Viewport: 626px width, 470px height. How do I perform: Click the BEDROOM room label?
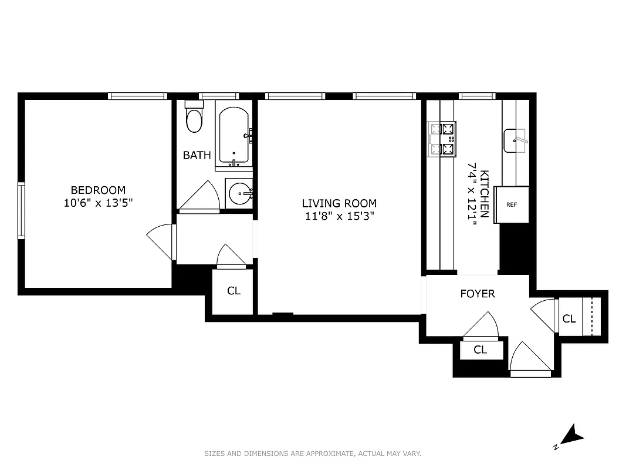pyautogui.click(x=98, y=190)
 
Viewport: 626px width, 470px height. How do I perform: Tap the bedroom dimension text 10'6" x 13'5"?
pyautogui.click(x=98, y=203)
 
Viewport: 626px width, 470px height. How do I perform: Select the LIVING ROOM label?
pyautogui.click(x=339, y=203)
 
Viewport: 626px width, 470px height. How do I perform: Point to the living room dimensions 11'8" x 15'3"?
pyautogui.click(x=339, y=216)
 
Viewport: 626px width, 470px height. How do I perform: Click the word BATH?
pyautogui.click(x=197, y=156)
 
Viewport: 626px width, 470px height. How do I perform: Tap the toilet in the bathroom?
pyautogui.click(x=194, y=119)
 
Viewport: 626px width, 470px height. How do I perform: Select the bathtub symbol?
pyautogui.click(x=235, y=135)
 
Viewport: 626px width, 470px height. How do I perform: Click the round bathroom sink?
pyautogui.click(x=239, y=193)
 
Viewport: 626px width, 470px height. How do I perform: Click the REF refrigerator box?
pyautogui.click(x=512, y=205)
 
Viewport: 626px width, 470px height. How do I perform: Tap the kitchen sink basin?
pyautogui.click(x=515, y=140)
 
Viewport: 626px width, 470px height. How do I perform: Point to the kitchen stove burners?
pyautogui.click(x=442, y=139)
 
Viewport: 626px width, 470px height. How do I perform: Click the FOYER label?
pyautogui.click(x=478, y=294)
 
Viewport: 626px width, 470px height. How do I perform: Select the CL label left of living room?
pyautogui.click(x=234, y=291)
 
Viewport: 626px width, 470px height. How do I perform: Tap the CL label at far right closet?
pyautogui.click(x=569, y=319)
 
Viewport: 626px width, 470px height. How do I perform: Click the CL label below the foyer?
pyautogui.click(x=481, y=350)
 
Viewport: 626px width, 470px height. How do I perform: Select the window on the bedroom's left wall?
pyautogui.click(x=22, y=210)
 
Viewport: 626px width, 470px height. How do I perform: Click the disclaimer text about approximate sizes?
pyautogui.click(x=313, y=454)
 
